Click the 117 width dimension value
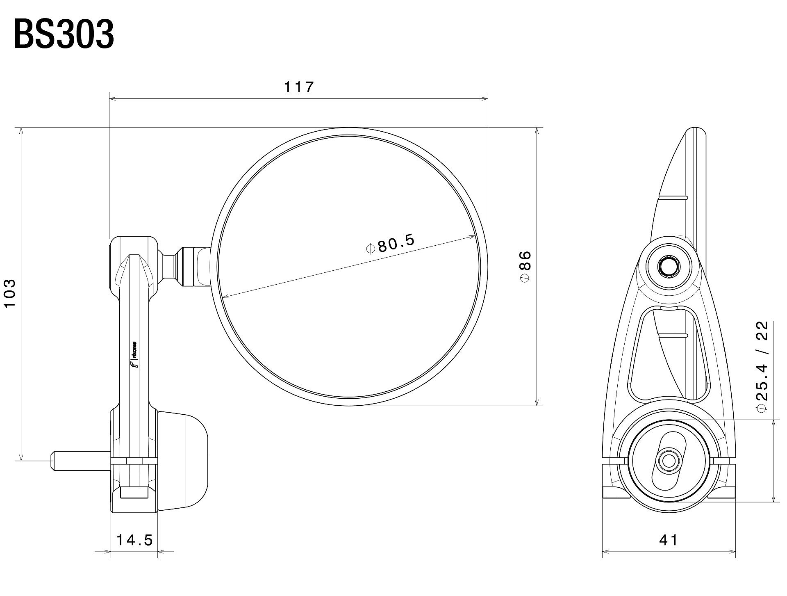299,87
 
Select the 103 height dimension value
9,293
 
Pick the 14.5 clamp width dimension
134,540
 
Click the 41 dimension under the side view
669,540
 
